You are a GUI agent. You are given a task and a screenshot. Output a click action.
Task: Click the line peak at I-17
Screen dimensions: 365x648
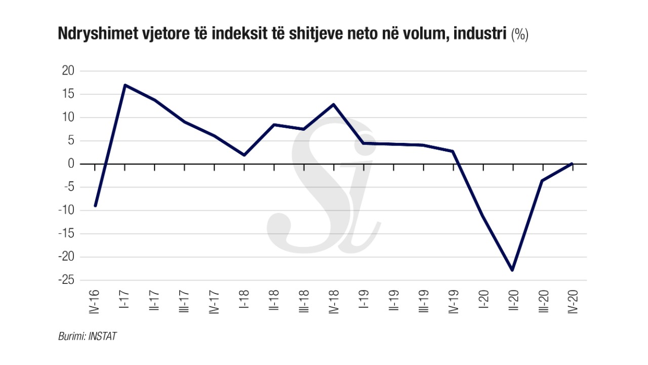pos(125,85)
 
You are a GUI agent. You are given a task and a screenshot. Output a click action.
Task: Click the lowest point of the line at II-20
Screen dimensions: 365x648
pos(512,270)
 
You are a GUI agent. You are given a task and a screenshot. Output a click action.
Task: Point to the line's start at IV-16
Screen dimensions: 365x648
pos(95,206)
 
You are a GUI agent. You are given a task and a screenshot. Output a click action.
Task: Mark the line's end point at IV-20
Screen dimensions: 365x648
pos(572,164)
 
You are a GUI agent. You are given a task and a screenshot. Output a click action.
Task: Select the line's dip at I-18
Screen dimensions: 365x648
pos(245,155)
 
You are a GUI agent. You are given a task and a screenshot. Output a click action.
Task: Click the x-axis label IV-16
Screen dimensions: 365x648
pos(95,302)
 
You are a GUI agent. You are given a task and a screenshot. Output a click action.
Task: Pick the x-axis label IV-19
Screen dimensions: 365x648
pos(453,302)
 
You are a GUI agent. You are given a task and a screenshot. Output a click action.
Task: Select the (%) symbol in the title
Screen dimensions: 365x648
pos(520,35)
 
